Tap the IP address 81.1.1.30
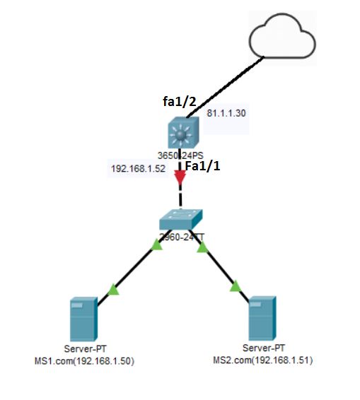point(226,113)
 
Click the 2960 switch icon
point(180,220)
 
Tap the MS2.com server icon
point(261,319)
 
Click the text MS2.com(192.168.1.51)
point(262,360)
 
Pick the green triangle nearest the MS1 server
point(112,289)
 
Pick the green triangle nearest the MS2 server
point(236,286)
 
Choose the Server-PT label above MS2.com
point(262,349)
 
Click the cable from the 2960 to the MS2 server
point(219,266)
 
